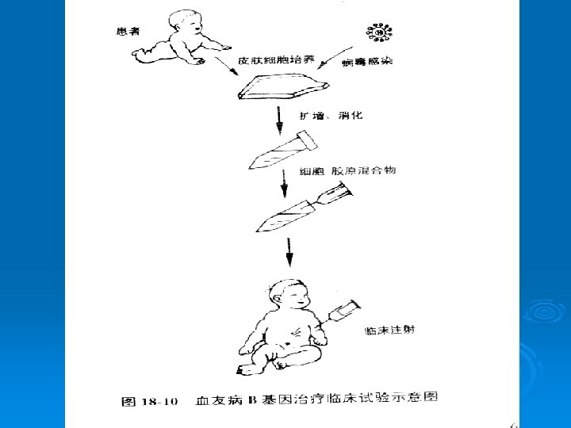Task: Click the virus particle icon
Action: coord(379,32)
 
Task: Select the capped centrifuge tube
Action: coord(282,151)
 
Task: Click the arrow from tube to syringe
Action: coord(282,185)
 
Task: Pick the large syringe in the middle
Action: coord(301,208)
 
